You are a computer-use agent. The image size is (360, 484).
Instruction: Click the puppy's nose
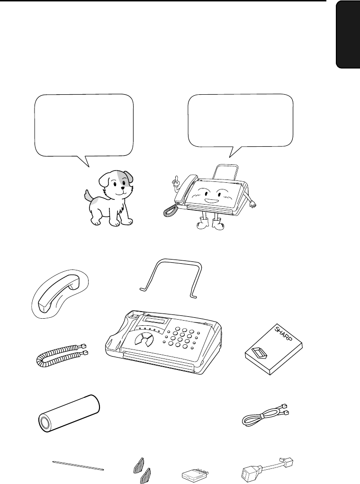point(123,187)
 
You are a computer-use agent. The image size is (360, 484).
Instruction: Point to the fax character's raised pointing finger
point(176,178)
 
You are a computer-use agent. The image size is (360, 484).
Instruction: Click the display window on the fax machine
point(156,321)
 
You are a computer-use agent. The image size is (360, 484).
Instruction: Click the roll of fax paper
point(70,413)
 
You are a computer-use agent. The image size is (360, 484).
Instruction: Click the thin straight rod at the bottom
point(78,466)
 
